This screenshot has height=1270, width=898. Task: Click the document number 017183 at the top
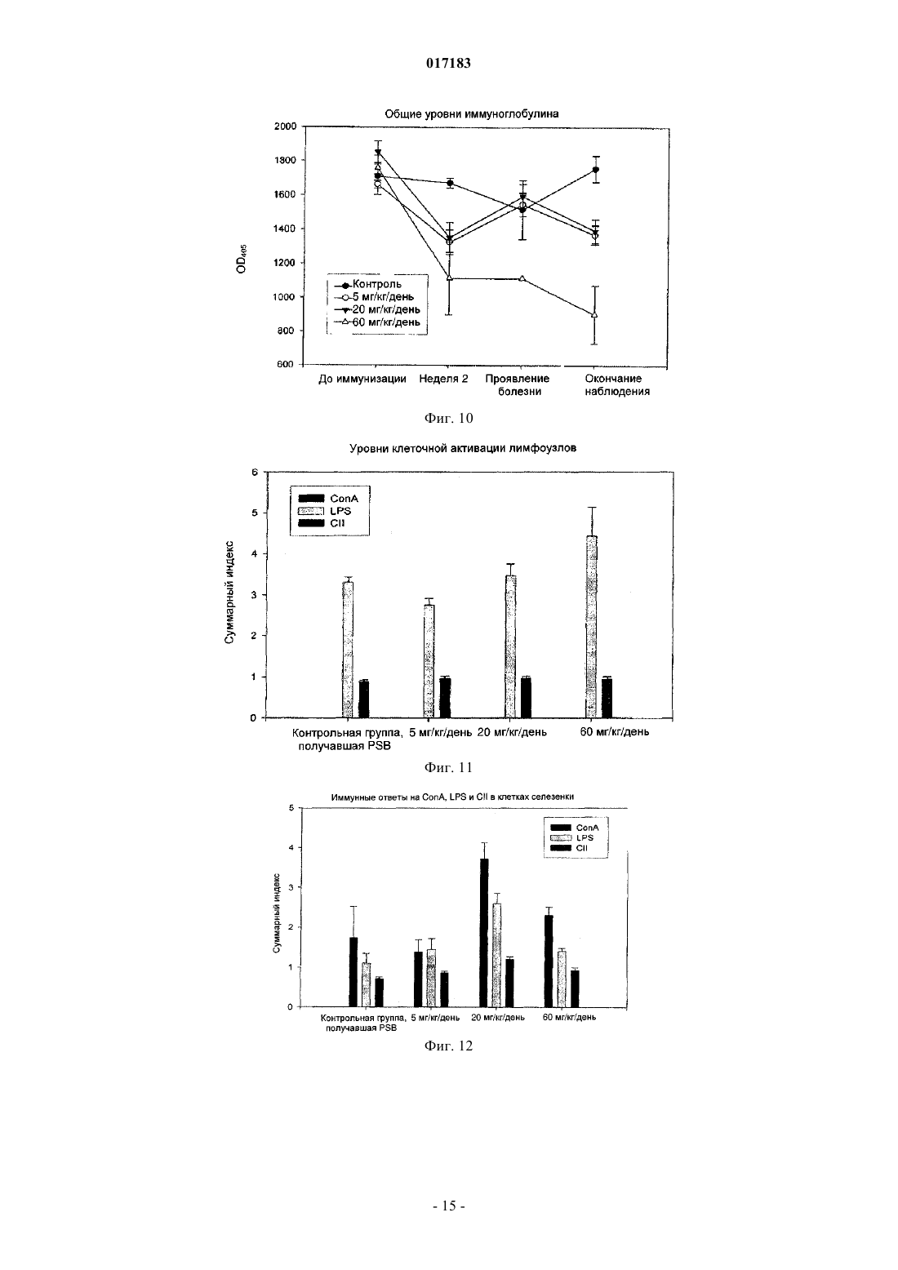click(448, 63)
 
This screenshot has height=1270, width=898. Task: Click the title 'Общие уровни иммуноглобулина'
click(472, 114)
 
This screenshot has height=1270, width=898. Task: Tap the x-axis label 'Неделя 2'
click(443, 379)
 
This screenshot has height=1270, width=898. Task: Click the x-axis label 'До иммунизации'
click(362, 379)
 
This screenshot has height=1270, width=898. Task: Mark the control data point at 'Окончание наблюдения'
click(595, 170)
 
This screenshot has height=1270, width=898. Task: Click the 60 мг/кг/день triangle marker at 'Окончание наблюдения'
click(594, 314)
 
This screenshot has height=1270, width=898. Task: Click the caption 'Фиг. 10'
click(448, 419)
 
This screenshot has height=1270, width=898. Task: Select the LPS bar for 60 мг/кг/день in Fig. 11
click(591, 627)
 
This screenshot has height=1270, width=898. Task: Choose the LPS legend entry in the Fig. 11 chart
click(325, 511)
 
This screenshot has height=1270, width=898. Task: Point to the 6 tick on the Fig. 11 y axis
click(255, 472)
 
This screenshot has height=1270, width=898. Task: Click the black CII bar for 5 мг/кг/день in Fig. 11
click(445, 697)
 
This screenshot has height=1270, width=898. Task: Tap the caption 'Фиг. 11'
click(448, 768)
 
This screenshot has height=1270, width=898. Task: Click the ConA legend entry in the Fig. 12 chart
click(575, 828)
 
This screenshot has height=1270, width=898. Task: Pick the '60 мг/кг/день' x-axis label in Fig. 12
click(569, 1017)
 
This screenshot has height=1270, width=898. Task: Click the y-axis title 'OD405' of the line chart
click(242, 259)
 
